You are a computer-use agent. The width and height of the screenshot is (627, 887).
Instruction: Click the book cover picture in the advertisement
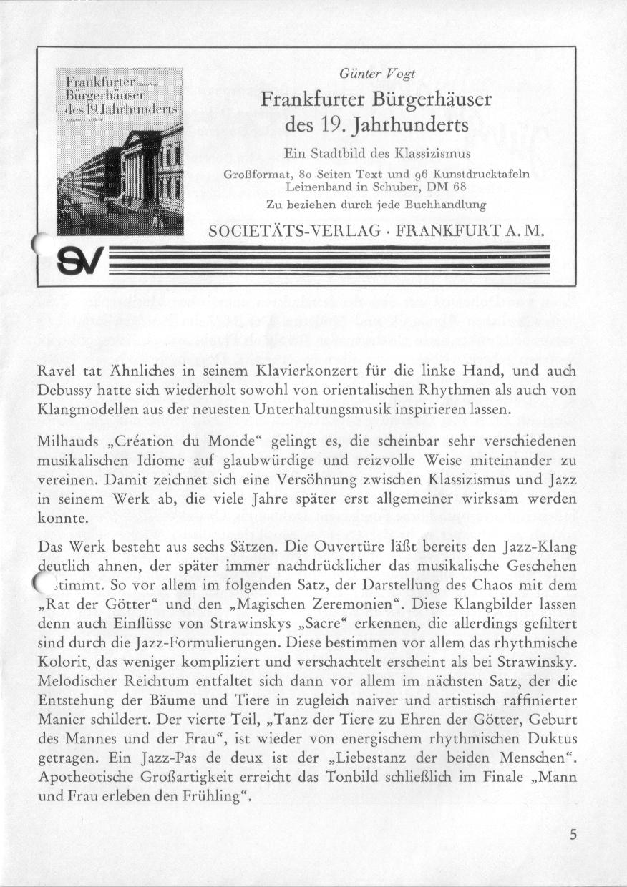tap(120, 151)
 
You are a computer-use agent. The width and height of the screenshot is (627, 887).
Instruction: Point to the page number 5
tap(575, 834)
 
